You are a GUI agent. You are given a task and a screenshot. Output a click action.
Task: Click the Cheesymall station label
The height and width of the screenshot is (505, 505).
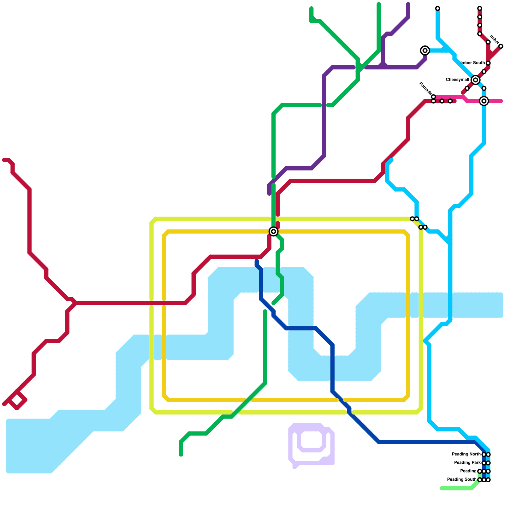click(457, 80)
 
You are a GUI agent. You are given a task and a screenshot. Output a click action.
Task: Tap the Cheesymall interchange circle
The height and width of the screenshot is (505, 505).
click(475, 80)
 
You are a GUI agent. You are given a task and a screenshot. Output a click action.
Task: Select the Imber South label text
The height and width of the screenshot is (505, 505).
click(472, 63)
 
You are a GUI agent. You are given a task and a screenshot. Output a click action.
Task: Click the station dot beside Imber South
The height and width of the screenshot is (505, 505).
click(488, 63)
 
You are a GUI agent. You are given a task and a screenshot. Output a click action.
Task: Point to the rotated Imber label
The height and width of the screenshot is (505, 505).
click(494, 40)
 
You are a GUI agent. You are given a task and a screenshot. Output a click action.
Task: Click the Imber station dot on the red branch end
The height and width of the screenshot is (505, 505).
click(501, 46)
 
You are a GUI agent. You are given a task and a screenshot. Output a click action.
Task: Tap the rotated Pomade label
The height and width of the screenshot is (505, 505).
click(425, 88)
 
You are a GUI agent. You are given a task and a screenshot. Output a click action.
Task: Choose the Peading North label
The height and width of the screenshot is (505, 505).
click(466, 454)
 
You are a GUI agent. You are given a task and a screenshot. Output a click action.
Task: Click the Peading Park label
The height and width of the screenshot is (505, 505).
click(467, 463)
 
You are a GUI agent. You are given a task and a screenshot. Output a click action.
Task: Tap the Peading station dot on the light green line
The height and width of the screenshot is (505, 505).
click(479, 471)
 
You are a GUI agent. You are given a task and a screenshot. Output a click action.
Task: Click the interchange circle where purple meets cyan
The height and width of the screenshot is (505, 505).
click(425, 50)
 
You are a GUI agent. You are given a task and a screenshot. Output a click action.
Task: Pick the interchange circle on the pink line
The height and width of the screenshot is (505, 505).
click(484, 101)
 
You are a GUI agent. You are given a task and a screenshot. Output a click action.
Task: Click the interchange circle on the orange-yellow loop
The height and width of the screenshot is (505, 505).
click(274, 231)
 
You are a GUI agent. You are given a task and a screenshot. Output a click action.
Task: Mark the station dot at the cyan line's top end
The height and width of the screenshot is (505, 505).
click(437, 8)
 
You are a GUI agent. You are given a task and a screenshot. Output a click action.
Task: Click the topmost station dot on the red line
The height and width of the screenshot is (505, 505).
click(479, 8)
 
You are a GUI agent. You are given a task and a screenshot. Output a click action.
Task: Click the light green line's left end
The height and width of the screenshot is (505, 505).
click(442, 488)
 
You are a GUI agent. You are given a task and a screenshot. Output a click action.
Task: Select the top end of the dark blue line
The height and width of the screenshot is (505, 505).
click(257, 261)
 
